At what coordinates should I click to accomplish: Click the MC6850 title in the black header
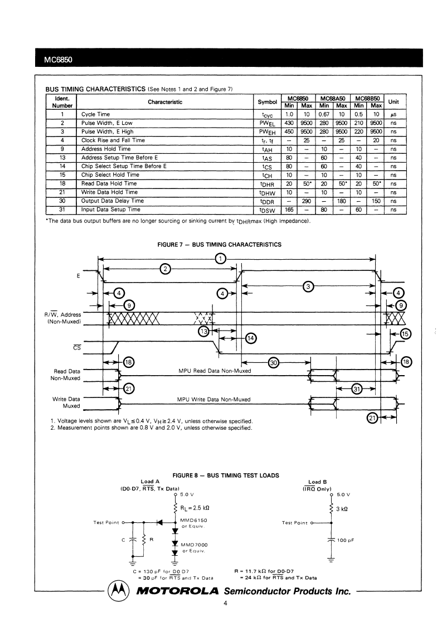coord(59,60)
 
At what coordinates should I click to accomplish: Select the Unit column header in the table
coord(394,102)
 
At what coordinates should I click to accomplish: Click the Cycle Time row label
coord(95,114)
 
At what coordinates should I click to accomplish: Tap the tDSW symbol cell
coord(267,210)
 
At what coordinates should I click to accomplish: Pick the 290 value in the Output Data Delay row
coord(306,201)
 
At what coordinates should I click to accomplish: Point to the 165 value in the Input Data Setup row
coord(289,210)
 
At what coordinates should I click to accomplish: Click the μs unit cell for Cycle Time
coord(394,115)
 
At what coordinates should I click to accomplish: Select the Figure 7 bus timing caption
coord(219,244)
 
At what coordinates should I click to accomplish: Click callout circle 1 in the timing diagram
coord(220,259)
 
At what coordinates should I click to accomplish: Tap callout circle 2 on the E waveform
coord(165,269)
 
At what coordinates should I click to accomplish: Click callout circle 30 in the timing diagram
coord(274,362)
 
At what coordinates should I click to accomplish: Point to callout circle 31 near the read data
coord(356,389)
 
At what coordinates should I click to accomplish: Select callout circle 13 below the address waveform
coord(203,331)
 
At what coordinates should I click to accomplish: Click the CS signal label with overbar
coord(77,347)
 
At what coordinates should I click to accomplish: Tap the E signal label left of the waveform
coord(78,276)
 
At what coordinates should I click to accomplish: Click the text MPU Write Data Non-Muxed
coord(213,399)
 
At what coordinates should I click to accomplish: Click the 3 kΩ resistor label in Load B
coord(342,509)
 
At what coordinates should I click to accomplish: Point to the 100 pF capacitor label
coord(346,540)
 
